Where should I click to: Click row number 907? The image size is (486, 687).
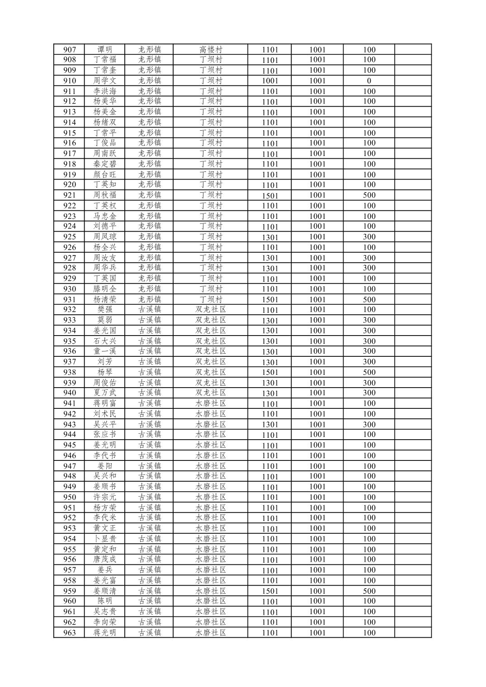(x=69, y=50)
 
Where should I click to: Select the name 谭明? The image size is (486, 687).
(x=105, y=50)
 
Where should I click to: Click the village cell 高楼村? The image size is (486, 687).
(x=211, y=50)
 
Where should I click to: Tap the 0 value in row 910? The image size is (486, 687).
(x=369, y=81)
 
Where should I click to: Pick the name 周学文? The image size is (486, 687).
(x=105, y=81)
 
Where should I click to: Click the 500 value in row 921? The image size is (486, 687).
(x=369, y=195)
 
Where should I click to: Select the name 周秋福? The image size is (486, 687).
(x=105, y=195)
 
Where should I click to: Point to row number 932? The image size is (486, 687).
(x=69, y=310)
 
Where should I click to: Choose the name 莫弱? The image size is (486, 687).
(x=105, y=320)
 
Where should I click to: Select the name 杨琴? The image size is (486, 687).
(x=105, y=372)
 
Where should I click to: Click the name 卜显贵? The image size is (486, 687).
(x=105, y=539)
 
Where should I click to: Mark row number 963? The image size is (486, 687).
(x=69, y=633)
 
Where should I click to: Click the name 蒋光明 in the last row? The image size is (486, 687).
(x=105, y=633)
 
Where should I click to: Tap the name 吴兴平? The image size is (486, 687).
(x=105, y=424)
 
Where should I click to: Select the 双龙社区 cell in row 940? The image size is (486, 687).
(x=211, y=393)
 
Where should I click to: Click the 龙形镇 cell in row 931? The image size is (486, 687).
(x=150, y=299)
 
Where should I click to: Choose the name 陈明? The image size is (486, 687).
(x=105, y=601)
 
